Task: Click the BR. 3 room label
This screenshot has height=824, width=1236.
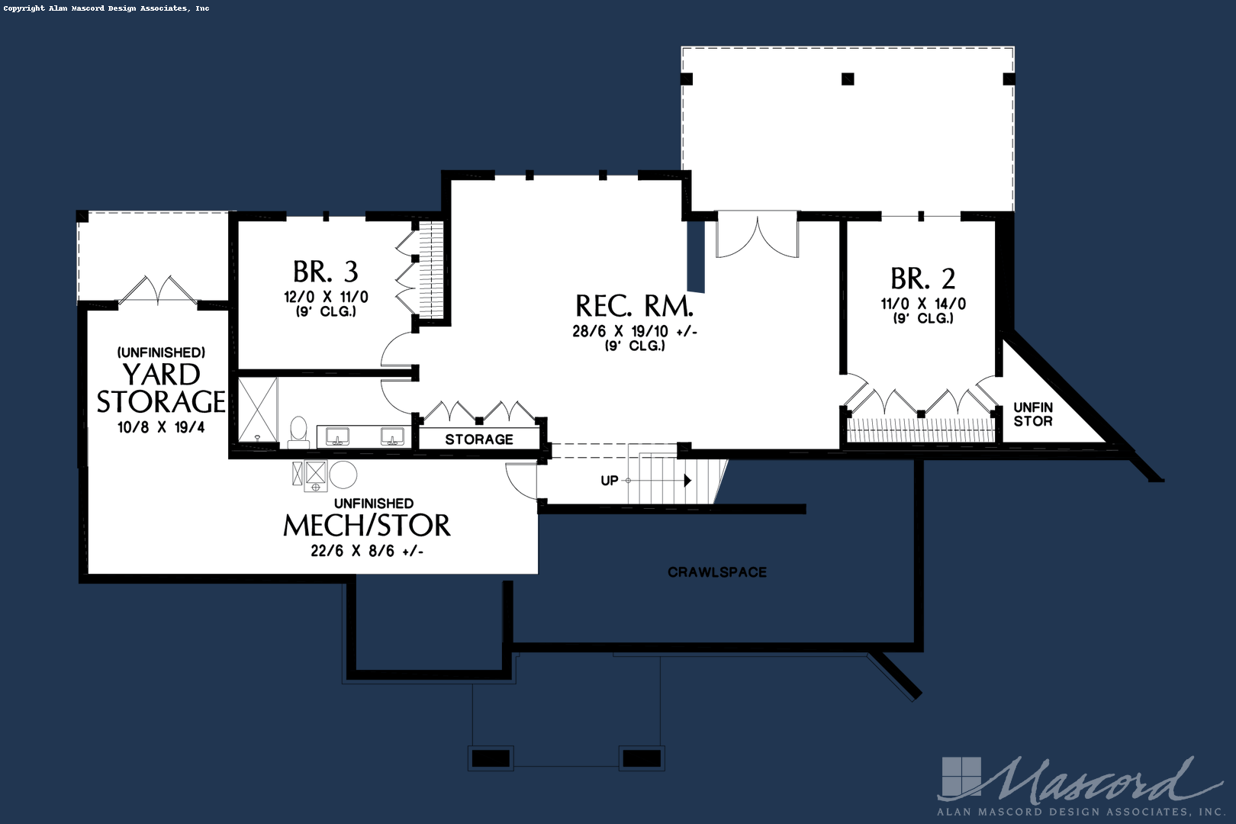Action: click(x=326, y=272)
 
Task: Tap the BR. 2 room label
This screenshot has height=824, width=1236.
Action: click(x=922, y=278)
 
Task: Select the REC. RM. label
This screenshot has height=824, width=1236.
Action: click(x=634, y=306)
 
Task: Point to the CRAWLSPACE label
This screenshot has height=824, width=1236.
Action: click(x=717, y=572)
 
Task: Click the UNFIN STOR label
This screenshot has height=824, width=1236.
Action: click(x=1033, y=414)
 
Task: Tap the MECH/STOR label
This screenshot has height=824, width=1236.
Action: click(x=366, y=526)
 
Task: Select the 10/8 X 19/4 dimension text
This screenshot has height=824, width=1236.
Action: click(x=161, y=427)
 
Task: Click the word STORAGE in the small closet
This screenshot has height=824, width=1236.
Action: click(x=479, y=439)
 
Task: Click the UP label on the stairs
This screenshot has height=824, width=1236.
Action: click(x=609, y=481)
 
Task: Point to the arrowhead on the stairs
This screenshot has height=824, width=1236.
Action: click(x=687, y=481)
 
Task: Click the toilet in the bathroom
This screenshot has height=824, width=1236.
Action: click(x=298, y=431)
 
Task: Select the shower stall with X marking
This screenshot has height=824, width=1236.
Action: click(x=258, y=410)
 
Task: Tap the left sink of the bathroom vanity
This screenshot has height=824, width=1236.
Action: click(x=337, y=436)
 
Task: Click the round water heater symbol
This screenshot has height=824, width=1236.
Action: click(x=343, y=475)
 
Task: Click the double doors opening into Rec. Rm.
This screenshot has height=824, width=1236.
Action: click(x=757, y=237)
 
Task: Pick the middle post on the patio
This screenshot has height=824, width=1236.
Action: click(x=848, y=79)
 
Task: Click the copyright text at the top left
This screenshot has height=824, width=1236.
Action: click(x=106, y=8)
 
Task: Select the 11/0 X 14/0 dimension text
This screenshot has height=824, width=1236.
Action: click(x=922, y=304)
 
